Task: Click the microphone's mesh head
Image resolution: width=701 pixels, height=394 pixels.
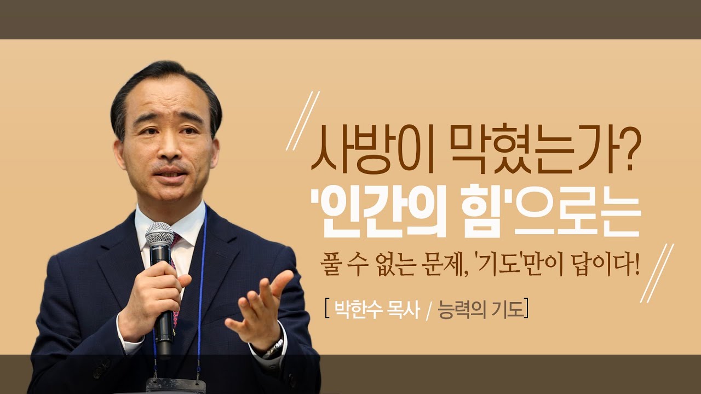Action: (159, 234)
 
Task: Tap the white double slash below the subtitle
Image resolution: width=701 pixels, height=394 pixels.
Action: (657, 274)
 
